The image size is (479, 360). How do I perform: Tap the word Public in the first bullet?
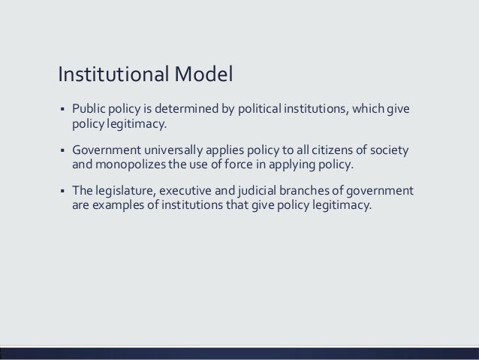89,108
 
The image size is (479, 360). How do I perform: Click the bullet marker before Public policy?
61,109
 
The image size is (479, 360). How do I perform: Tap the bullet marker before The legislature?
61,189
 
